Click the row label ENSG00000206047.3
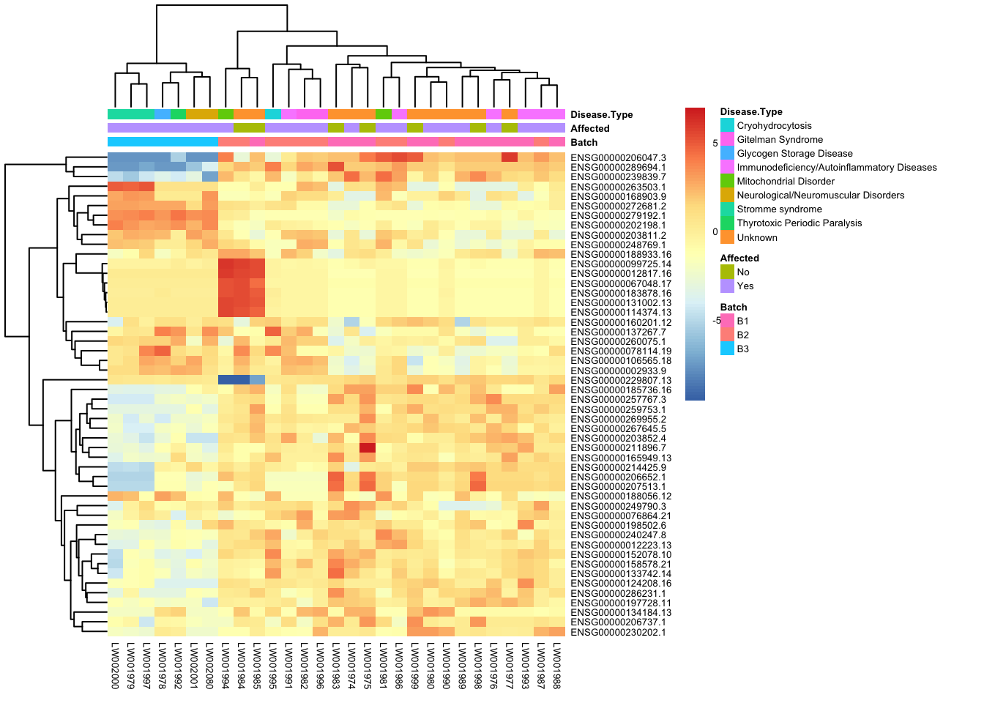pyautogui.click(x=618, y=157)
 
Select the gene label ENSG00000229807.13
pyautogui.click(x=621, y=381)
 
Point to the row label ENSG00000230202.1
pyautogui.click(x=618, y=633)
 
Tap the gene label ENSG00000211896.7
pyautogui.click(x=618, y=448)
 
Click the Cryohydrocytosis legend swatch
pyautogui.click(x=727, y=126)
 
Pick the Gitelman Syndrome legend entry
pyautogui.click(x=780, y=140)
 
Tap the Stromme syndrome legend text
pyautogui.click(x=779, y=209)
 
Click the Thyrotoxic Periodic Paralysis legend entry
pyautogui.click(x=799, y=223)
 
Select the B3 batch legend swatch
pyautogui.click(x=727, y=349)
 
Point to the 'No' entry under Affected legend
pyautogui.click(x=743, y=272)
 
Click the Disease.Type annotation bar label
pyautogui.click(x=601, y=115)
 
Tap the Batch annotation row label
pyautogui.click(x=584, y=143)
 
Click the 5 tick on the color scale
pyautogui.click(x=715, y=144)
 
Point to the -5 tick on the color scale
pyautogui.click(x=717, y=321)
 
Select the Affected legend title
pyautogui.click(x=739, y=258)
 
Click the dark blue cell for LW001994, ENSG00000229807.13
pyautogui.click(x=225, y=380)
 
